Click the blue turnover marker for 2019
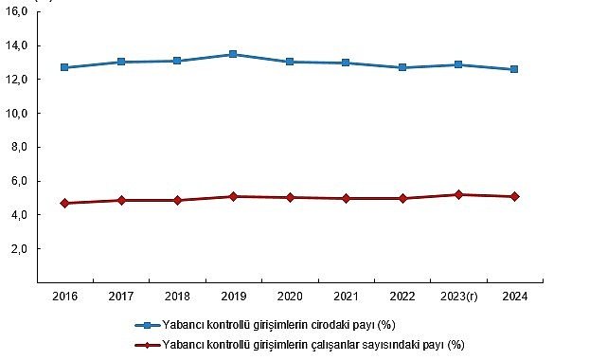pyautogui.click(x=233, y=55)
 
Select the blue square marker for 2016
pyautogui.click(x=64, y=67)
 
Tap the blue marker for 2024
pyautogui.click(x=514, y=69)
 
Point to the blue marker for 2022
pyautogui.click(x=402, y=67)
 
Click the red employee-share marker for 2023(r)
pyautogui.click(x=458, y=194)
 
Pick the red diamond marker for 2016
pyautogui.click(x=64, y=203)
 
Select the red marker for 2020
pyautogui.click(x=290, y=197)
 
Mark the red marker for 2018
pyautogui.click(x=177, y=200)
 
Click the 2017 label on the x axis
pyautogui.click(x=120, y=297)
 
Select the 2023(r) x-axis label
pyautogui.click(x=458, y=297)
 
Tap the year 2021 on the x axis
pyautogui.click(x=346, y=297)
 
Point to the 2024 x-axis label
pyautogui.click(x=514, y=297)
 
